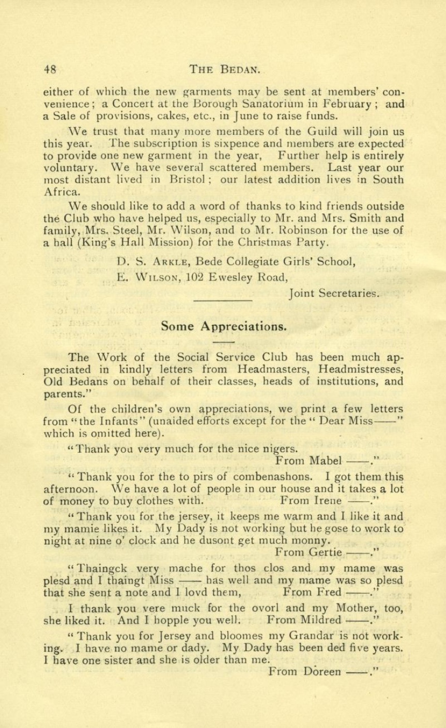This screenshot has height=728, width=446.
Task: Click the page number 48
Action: [50, 69]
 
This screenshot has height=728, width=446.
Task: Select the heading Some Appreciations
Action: [223, 326]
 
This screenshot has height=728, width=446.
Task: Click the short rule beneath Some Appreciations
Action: [223, 342]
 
